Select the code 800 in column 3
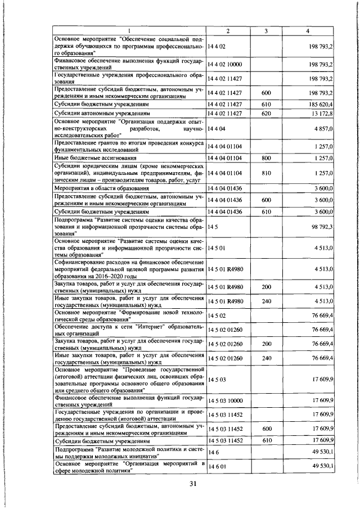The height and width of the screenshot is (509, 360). click(x=267, y=159)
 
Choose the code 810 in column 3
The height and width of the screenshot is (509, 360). click(x=267, y=174)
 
